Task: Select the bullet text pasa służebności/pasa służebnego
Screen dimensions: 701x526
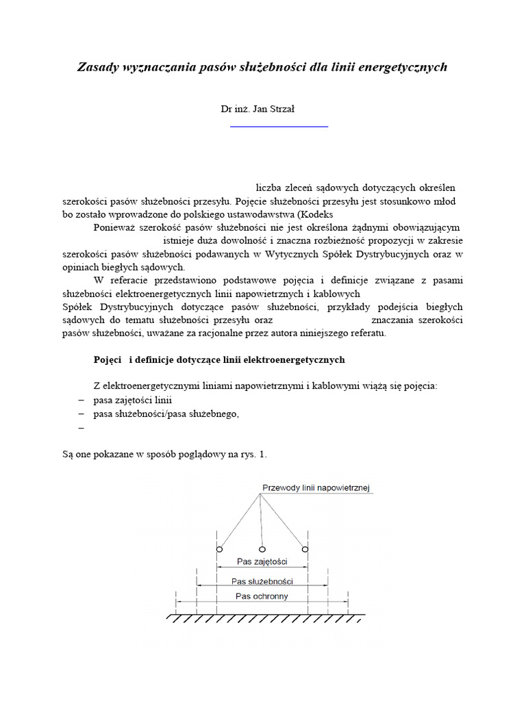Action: tap(166, 413)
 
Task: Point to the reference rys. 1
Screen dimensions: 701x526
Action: tap(254, 453)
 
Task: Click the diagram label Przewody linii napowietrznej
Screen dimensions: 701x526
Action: tap(316, 488)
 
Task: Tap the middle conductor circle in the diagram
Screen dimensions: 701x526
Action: tap(262, 549)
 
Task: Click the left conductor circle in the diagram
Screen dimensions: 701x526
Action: tap(218, 549)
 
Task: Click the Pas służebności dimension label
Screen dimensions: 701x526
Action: tap(262, 581)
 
